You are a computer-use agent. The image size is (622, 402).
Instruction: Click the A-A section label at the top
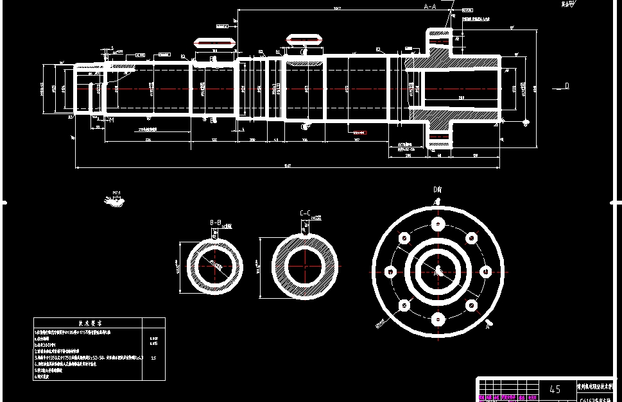[x=430, y=6]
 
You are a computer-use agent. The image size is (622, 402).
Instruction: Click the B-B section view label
[x=216, y=222]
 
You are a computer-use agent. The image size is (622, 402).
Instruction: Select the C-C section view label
[x=305, y=213]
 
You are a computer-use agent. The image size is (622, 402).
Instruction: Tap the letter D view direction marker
[x=566, y=86]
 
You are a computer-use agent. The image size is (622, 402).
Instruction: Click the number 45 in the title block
[x=555, y=389]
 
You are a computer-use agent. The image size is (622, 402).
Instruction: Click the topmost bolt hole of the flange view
[x=438, y=224]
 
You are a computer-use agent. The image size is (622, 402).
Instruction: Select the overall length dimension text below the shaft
[x=288, y=166]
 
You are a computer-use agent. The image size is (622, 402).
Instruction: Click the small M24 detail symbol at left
[x=116, y=201]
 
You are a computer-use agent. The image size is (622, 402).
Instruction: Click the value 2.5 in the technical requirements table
[x=153, y=358]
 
